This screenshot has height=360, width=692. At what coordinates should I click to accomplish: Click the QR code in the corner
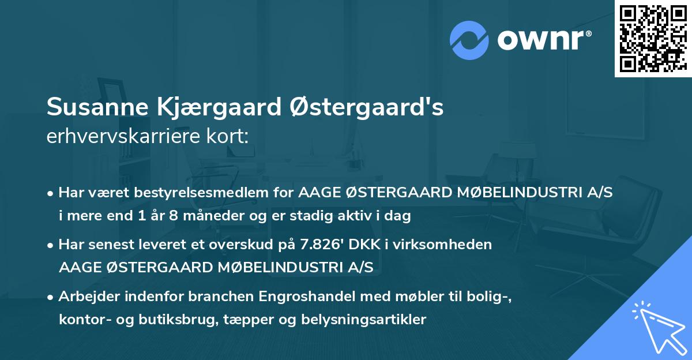[653, 38]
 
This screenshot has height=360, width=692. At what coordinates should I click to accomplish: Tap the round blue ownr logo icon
[469, 40]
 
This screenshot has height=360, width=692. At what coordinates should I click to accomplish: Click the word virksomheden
[454, 245]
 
